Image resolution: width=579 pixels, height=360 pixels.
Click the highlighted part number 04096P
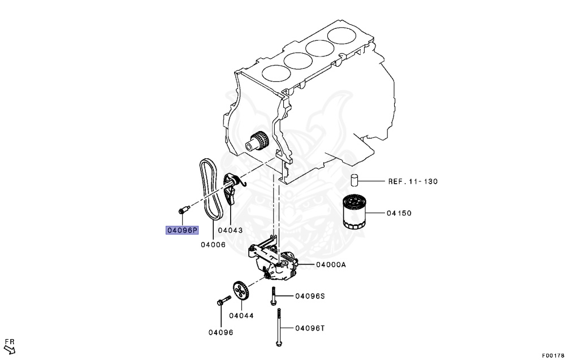point(182,230)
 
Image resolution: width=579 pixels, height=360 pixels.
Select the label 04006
point(213,245)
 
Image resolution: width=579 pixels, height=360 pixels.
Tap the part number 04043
point(230,230)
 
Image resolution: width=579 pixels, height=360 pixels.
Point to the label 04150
point(399,214)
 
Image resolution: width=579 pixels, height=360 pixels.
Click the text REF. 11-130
point(413,181)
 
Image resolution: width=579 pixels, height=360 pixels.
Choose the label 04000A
point(331,264)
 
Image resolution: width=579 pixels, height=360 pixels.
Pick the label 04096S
point(309,296)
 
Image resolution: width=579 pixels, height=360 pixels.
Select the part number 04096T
point(309,328)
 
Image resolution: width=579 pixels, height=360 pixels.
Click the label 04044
point(241,315)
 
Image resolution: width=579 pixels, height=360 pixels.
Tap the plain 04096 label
point(221,332)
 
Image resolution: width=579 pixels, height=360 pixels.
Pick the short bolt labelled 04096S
point(273,295)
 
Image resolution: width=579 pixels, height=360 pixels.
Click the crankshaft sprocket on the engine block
point(258,140)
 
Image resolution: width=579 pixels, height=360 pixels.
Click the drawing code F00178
point(553,355)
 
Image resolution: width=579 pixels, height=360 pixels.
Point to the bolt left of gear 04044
point(221,302)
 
